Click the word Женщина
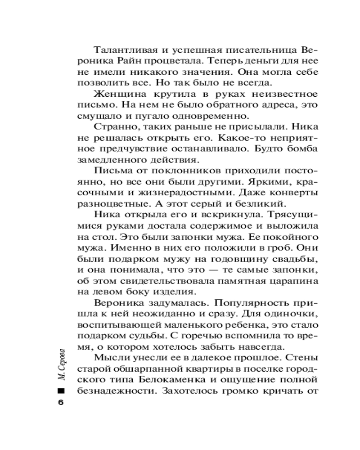tap(112, 95)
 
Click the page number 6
tap(61, 402)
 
